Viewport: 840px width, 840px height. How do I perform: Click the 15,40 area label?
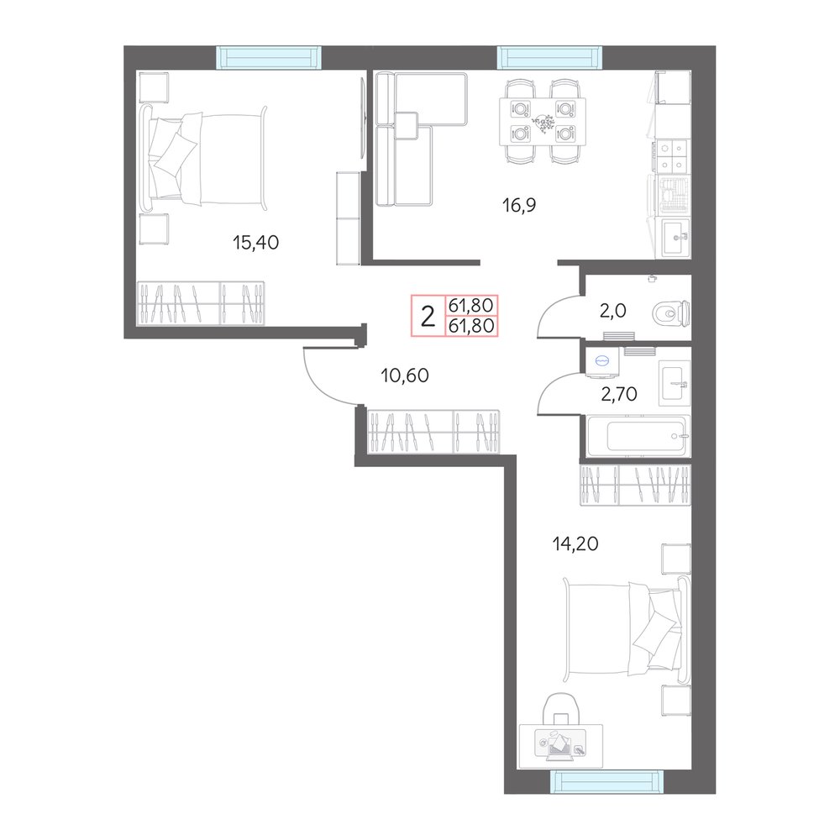[x=255, y=243]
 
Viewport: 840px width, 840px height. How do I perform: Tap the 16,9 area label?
[x=518, y=204]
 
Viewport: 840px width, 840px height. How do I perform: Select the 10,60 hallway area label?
[x=405, y=375]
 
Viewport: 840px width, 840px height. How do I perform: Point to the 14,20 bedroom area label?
[x=575, y=543]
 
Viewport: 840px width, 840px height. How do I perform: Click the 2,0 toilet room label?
[x=613, y=310]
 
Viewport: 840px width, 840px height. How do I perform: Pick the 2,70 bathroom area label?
[x=619, y=394]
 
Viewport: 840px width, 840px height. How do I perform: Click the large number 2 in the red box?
[x=428, y=316]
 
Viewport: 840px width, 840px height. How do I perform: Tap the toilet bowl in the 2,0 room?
[x=670, y=313]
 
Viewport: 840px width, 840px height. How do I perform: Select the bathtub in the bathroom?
[x=638, y=436]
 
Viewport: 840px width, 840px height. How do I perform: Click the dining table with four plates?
[x=542, y=122]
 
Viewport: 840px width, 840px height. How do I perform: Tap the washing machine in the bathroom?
[x=602, y=362]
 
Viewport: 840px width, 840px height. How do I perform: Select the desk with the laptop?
[x=560, y=746]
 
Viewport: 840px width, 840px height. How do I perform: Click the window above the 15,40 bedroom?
[x=269, y=57]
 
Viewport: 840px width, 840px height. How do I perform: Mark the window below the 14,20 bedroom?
[x=607, y=781]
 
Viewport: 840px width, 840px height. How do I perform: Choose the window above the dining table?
[x=549, y=57]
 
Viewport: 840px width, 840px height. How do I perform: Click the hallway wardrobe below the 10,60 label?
[x=433, y=432]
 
